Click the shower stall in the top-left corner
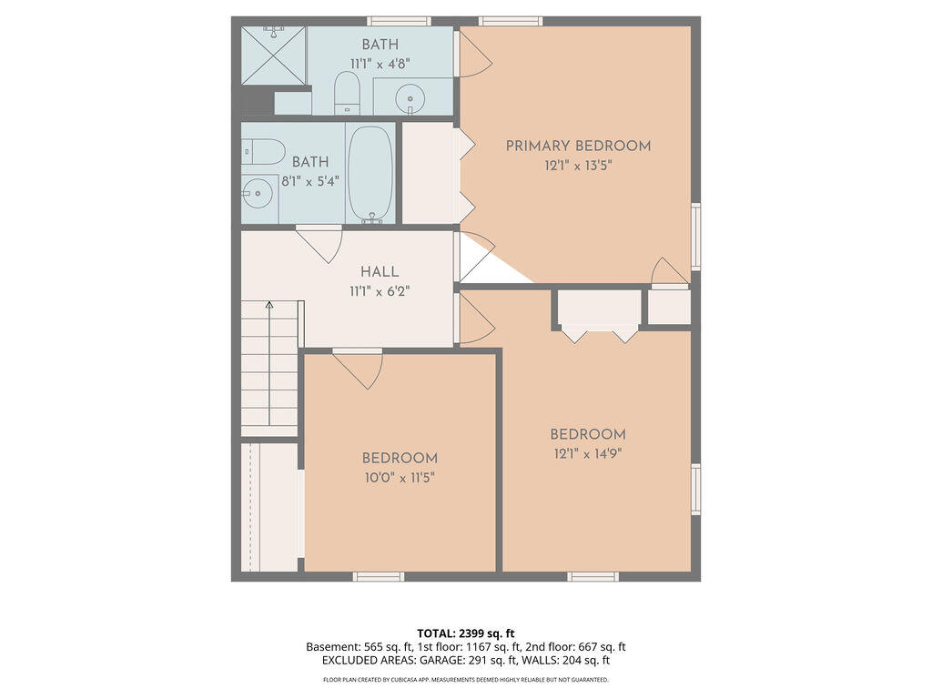coord(273,56)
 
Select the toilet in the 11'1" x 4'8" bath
coord(347,94)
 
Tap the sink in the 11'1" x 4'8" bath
coord(411,96)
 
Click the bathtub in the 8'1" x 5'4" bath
coord(370,173)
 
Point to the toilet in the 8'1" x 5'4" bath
coord(263,151)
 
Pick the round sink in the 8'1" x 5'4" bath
coord(258,192)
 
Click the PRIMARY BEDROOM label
coord(578,146)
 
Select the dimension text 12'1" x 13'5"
coord(578,166)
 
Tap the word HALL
coord(380,272)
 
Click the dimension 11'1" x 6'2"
coord(380,291)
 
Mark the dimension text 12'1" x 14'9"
coord(587,453)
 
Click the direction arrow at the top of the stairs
coord(268,307)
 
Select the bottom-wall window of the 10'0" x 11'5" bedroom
coord(379,576)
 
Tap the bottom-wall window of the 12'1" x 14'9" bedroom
coord(593,576)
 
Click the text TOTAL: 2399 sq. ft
coord(466,633)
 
